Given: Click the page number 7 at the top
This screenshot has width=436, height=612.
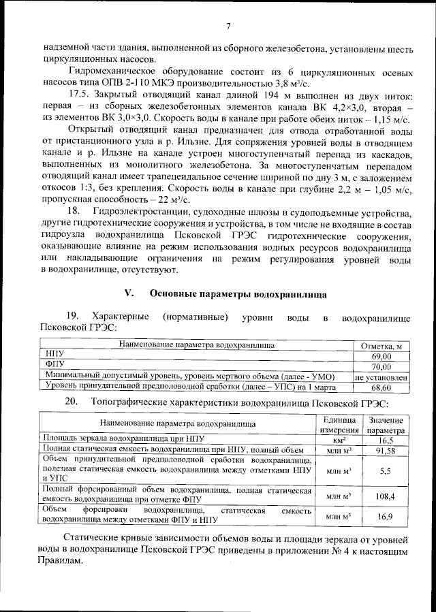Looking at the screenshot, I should (x=228, y=27).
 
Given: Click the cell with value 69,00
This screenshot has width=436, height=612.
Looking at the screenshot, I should (x=381, y=356).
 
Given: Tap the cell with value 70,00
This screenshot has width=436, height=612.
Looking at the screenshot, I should (x=381, y=366).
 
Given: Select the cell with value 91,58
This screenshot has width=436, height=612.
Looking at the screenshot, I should (x=385, y=450).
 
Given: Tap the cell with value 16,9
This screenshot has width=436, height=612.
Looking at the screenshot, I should (x=385, y=517).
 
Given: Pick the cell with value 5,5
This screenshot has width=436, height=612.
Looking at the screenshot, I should (x=385, y=470).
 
